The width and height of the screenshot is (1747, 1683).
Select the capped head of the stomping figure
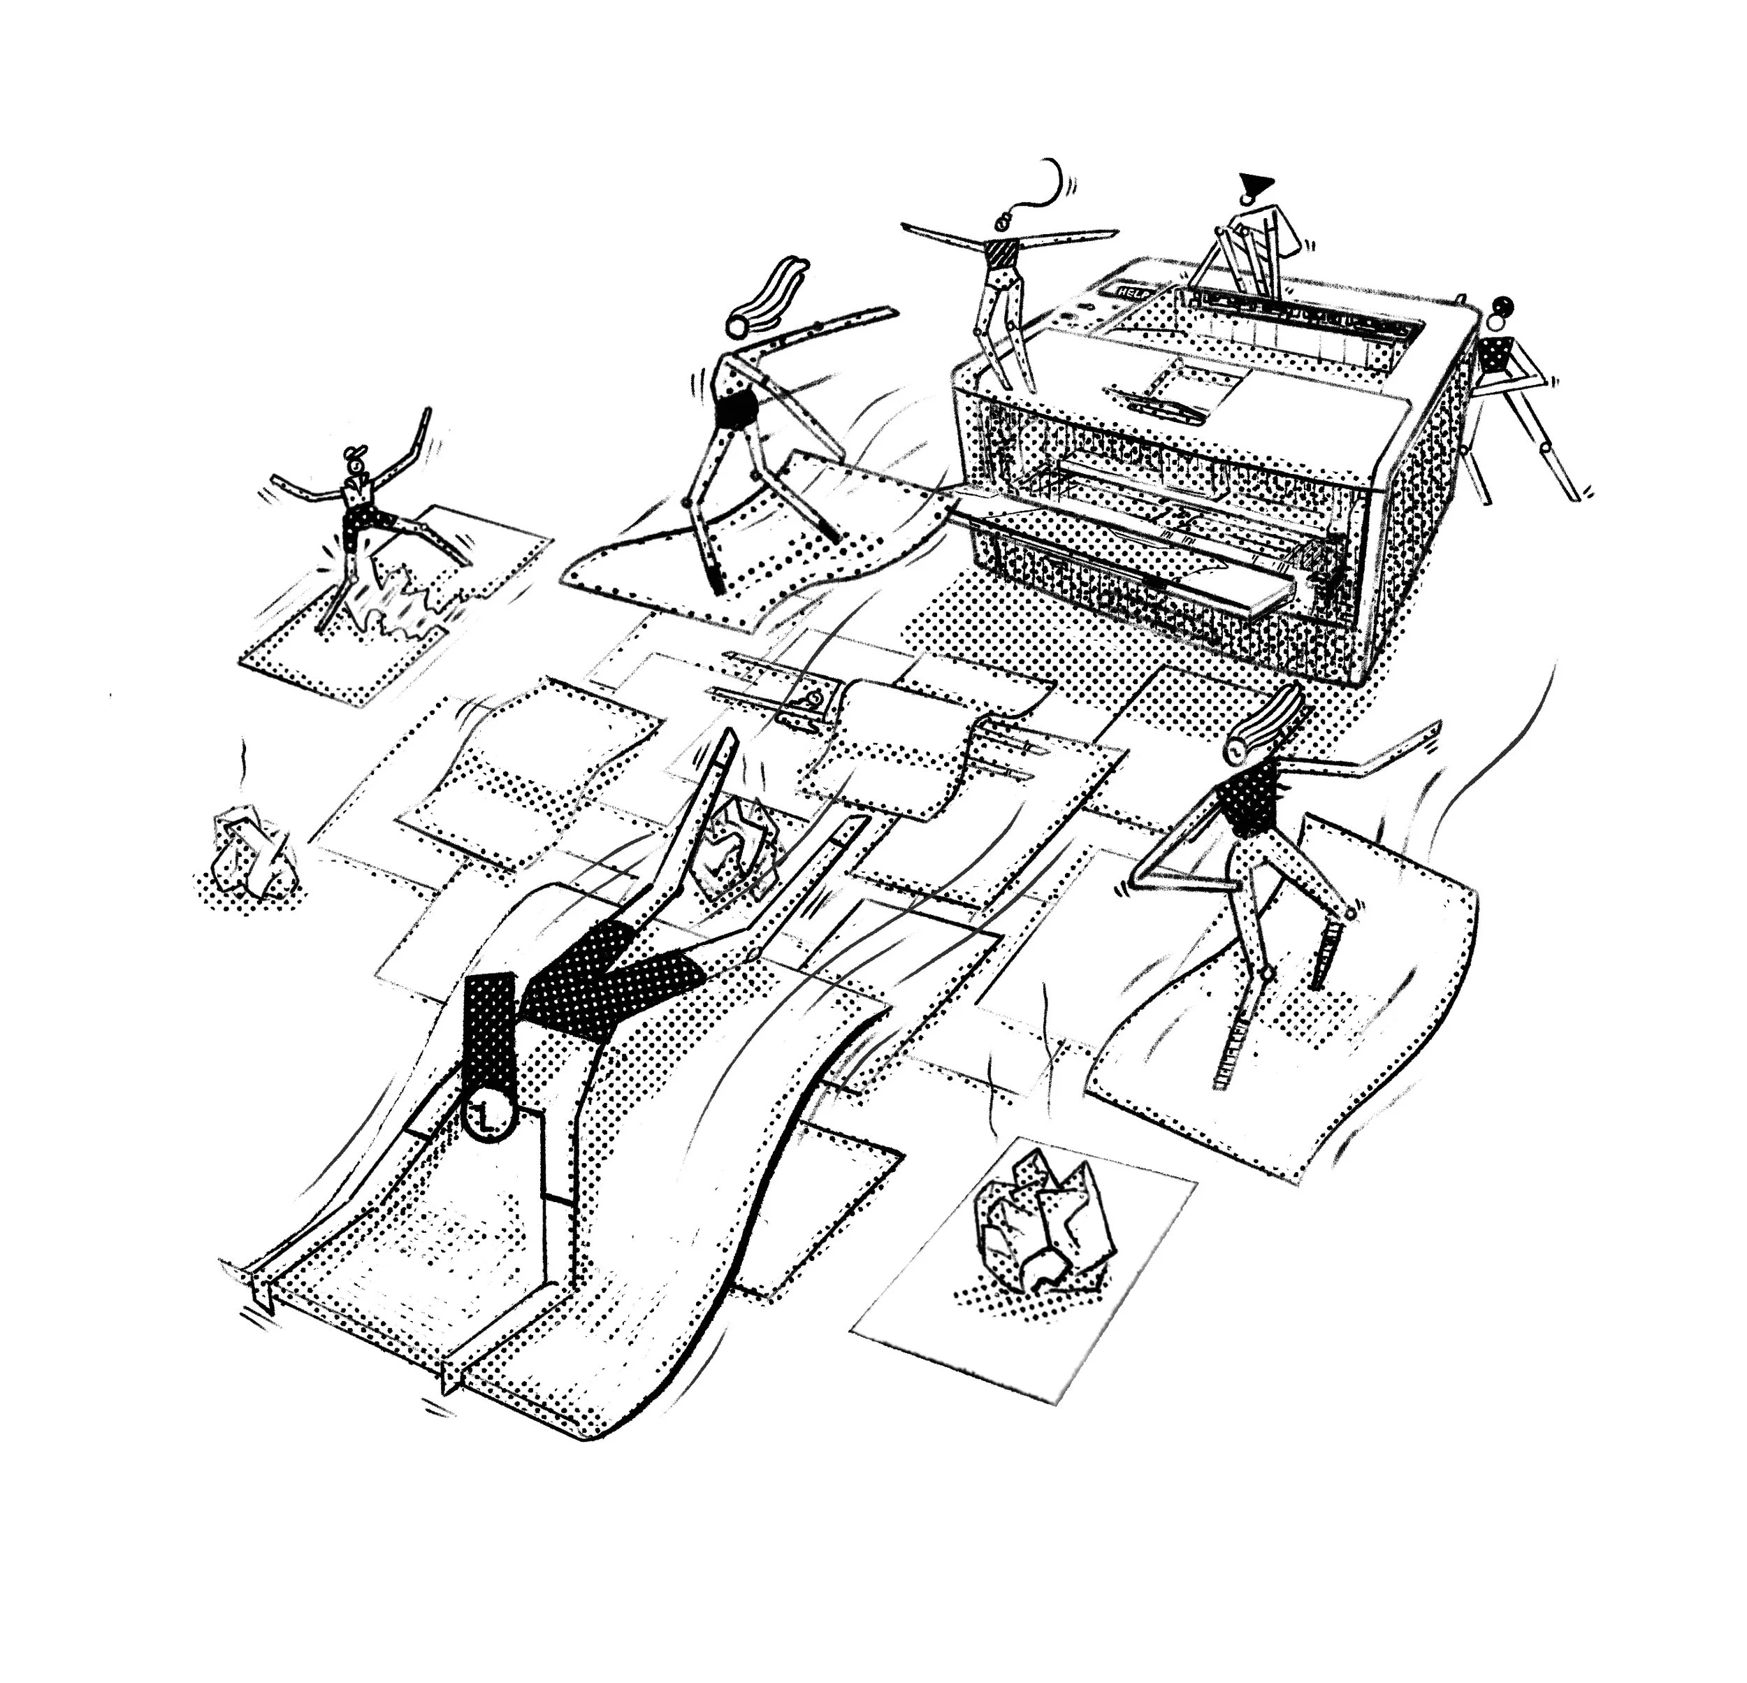(354, 462)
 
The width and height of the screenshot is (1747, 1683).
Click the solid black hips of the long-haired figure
(737, 411)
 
